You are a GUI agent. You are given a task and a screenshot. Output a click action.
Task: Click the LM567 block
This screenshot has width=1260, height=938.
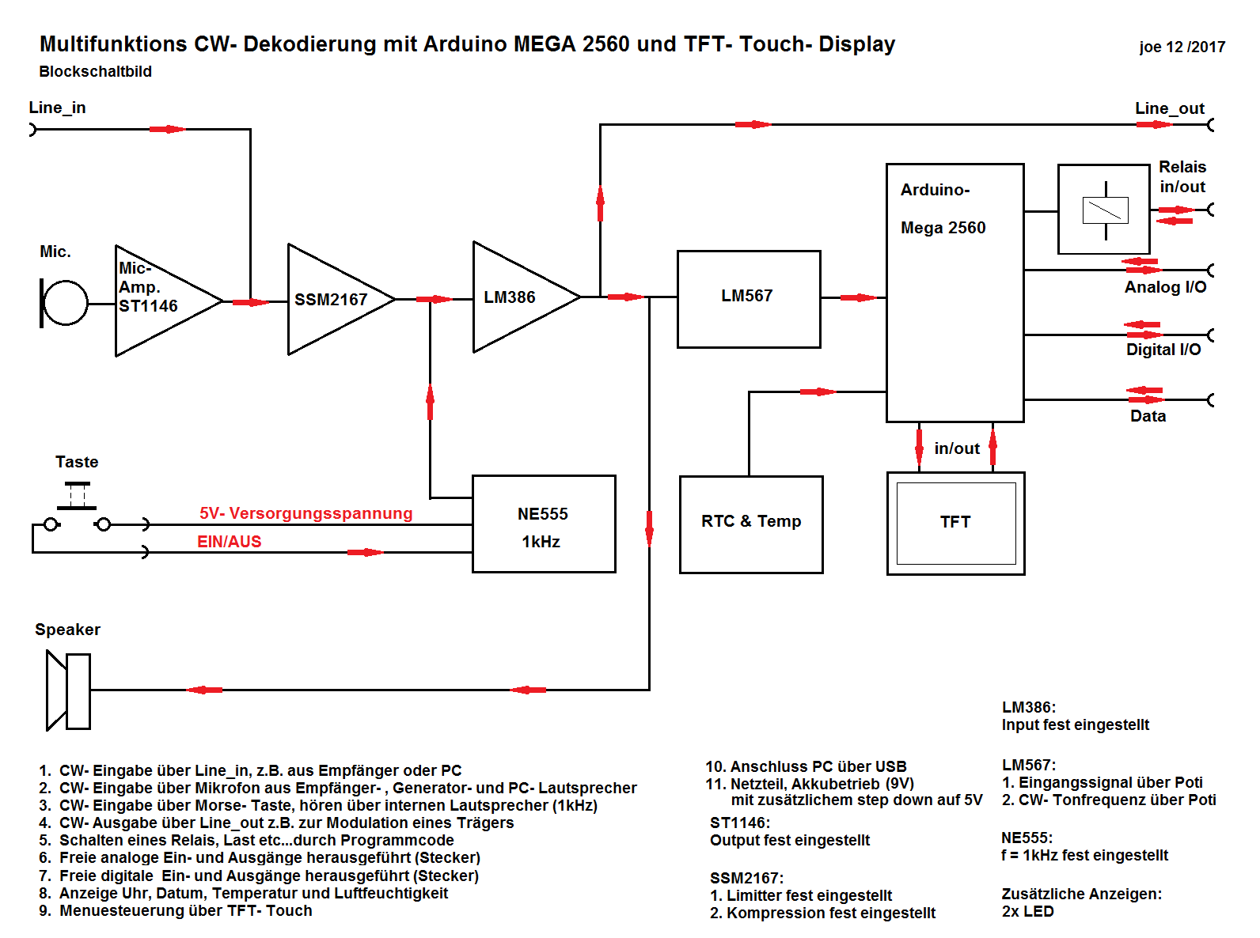pyautogui.click(x=748, y=298)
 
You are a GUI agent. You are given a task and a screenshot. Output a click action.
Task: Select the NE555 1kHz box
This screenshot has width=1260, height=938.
pyautogui.click(x=543, y=524)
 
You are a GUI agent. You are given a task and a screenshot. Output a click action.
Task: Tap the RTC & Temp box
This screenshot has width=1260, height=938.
pyautogui.click(x=750, y=524)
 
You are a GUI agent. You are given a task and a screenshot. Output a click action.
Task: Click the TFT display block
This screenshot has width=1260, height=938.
pyautogui.click(x=955, y=523)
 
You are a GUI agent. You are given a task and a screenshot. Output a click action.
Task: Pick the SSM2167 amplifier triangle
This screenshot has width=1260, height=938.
pyautogui.click(x=332, y=299)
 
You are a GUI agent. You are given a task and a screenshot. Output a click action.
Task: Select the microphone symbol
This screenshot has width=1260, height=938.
pyautogui.click(x=63, y=302)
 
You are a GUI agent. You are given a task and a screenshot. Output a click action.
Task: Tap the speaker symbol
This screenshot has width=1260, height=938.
pyautogui.click(x=68, y=690)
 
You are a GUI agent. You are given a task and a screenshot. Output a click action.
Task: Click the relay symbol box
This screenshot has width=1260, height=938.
pyautogui.click(x=1103, y=210)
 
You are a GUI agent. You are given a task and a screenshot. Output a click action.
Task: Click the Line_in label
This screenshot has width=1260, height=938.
pyautogui.click(x=57, y=108)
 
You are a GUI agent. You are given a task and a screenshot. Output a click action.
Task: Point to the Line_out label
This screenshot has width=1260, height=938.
pyautogui.click(x=1169, y=108)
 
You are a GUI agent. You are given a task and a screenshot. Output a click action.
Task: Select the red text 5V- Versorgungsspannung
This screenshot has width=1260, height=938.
pyautogui.click(x=306, y=513)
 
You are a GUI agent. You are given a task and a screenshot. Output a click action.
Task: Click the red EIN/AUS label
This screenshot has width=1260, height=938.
pyautogui.click(x=229, y=542)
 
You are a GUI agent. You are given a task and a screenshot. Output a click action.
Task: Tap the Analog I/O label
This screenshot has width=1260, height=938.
pyautogui.click(x=1165, y=287)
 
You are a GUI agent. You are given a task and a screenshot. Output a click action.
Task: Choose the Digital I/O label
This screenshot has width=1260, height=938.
pyautogui.click(x=1163, y=350)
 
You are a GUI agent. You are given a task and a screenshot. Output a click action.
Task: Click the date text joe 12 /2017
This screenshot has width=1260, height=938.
pyautogui.click(x=1182, y=47)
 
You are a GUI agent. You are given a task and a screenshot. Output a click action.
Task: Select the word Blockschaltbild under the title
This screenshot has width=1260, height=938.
pyautogui.click(x=95, y=71)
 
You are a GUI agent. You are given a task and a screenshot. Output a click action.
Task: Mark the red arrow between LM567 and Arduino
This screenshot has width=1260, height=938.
pyautogui.click(x=857, y=297)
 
